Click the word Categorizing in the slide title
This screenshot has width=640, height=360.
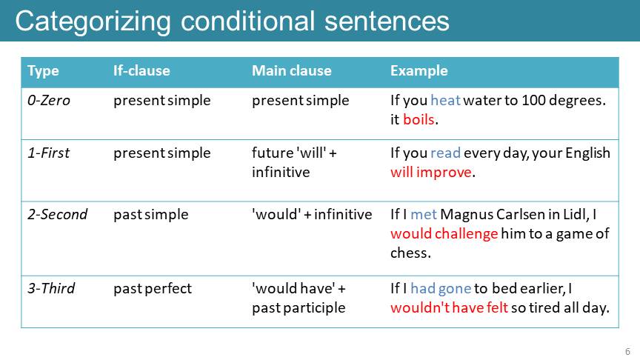coord(93,22)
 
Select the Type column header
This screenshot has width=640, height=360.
coord(43,71)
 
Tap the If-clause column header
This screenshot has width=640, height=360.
coord(141,70)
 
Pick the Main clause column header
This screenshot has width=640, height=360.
coord(292,70)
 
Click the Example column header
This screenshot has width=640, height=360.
coord(419,71)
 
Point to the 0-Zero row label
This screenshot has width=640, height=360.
coord(49,101)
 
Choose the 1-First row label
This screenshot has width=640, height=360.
coord(49,153)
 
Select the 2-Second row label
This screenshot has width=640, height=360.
coord(58,214)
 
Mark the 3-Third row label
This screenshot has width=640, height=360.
coord(51,289)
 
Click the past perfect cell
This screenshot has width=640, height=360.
coord(153,289)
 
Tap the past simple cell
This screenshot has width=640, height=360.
coord(151,215)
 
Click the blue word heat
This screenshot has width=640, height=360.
coord(445,100)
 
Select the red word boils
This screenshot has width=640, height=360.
coord(419,119)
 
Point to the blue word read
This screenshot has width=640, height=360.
coord(445,153)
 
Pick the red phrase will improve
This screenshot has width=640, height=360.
coord(431,173)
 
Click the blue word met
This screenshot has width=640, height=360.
coord(424,215)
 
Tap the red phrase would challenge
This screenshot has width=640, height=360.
coord(444,234)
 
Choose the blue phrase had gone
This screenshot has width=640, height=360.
coord(441,289)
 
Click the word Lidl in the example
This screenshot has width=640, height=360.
coord(575,214)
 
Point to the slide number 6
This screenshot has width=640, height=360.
coord(627,351)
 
